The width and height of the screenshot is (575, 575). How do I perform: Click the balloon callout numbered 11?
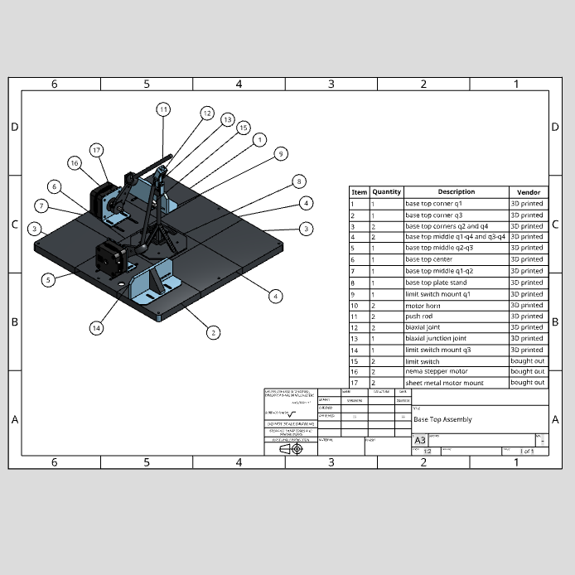coord(163,109)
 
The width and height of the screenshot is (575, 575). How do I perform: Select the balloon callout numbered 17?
coord(97,150)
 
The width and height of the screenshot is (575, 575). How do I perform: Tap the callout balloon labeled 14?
coord(97,328)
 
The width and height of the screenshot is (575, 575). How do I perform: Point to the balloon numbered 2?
coord(213,332)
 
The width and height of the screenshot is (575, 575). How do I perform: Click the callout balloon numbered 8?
coord(299,181)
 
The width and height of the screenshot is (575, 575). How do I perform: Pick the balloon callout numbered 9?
coord(281,153)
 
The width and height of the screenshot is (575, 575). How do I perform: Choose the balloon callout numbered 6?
coord(54,186)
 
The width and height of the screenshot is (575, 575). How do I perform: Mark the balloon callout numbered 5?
coord(49,279)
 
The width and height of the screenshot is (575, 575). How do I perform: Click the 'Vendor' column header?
coord(528,191)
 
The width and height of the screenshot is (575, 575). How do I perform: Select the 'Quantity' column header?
coord(386,191)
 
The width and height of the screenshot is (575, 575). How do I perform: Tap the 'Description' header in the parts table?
coord(456,191)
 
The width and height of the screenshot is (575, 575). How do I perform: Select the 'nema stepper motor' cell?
coord(436,371)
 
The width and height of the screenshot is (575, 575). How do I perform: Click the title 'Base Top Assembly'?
coord(443,419)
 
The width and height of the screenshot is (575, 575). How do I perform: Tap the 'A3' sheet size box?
coord(420,440)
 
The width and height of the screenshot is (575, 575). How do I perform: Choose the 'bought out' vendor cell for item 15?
coord(528,360)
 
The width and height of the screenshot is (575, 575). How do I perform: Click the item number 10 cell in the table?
coord(358,305)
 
